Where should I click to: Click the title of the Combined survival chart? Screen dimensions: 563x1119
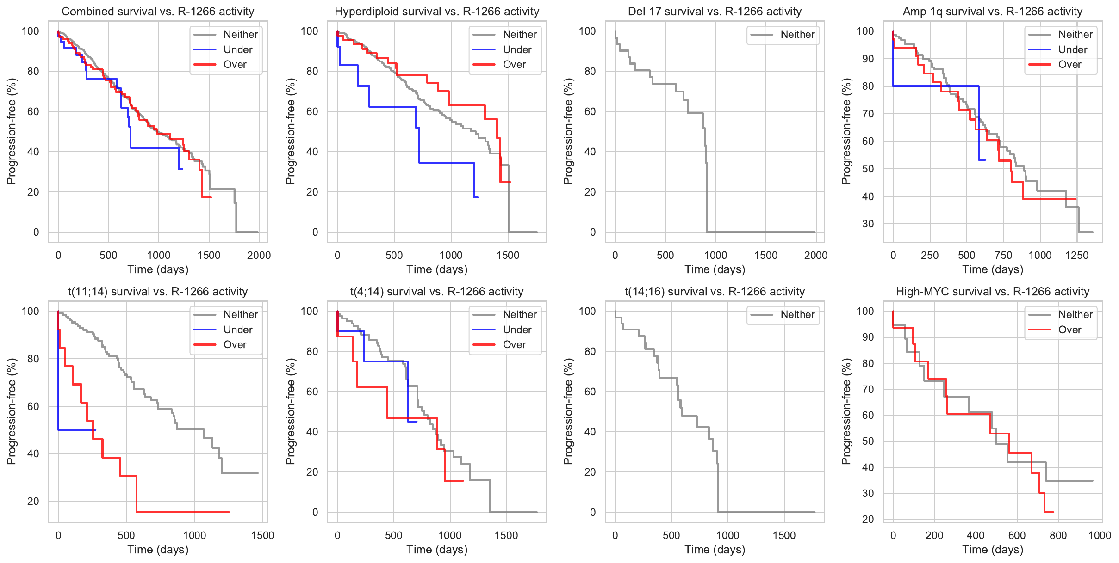[158, 12]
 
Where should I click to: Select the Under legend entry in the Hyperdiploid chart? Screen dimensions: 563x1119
[517, 49]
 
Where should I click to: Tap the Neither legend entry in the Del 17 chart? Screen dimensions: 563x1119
[797, 34]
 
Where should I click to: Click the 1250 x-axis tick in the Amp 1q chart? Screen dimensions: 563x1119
[1076, 255]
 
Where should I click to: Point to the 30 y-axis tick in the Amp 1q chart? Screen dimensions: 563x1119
[868, 224]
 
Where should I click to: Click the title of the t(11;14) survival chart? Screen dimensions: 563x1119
[158, 292]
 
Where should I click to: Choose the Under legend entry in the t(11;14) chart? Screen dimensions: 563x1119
[237, 330]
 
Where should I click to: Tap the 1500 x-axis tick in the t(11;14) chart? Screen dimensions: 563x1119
[262, 535]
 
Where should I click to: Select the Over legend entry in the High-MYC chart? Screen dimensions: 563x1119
[1069, 330]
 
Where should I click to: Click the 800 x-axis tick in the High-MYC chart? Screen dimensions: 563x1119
[1058, 535]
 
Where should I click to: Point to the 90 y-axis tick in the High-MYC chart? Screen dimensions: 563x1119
[868, 337]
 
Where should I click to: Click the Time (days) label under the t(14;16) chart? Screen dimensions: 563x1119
[715, 549]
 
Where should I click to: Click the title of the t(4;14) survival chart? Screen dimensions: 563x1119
[437, 292]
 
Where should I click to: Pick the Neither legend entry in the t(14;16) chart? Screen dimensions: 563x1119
[797, 314]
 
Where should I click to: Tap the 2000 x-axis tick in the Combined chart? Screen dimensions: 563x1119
[259, 255]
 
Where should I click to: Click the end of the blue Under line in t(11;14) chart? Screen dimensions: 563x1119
[95, 430]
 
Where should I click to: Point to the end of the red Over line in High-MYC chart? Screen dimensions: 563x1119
[1053, 512]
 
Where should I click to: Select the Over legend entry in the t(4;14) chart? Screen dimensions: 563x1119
[514, 344]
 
